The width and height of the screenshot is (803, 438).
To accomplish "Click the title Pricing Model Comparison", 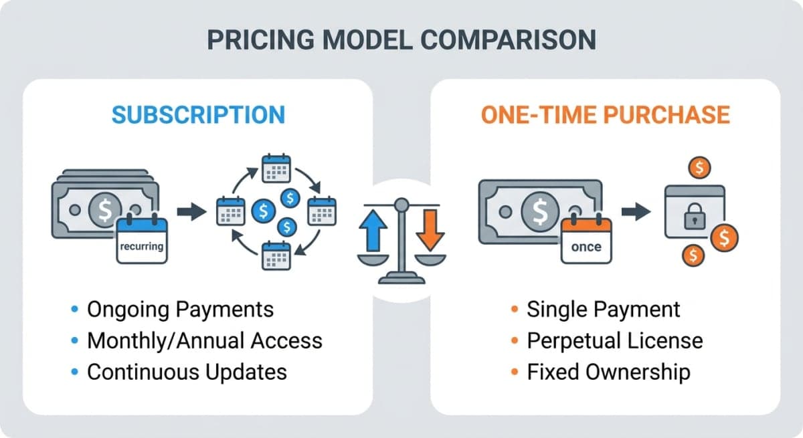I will [401, 40].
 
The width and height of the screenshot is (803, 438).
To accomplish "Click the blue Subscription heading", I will [198, 114].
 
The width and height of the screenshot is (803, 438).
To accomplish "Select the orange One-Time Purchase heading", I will [605, 114].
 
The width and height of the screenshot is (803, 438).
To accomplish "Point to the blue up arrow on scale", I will [374, 231].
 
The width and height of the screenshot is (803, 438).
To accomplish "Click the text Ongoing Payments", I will [181, 310].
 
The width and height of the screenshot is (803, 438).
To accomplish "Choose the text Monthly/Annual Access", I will [205, 340].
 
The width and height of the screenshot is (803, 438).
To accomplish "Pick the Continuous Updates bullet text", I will [187, 372].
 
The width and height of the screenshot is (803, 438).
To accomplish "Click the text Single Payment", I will [603, 310].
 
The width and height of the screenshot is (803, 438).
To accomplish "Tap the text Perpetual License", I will [614, 340].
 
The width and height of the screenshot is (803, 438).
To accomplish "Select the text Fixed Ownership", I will [608, 372].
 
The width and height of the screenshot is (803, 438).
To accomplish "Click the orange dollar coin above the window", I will [699, 167].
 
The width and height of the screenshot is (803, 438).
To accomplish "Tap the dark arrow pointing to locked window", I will [636, 213].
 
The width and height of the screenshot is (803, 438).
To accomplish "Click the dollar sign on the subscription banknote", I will [105, 209].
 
